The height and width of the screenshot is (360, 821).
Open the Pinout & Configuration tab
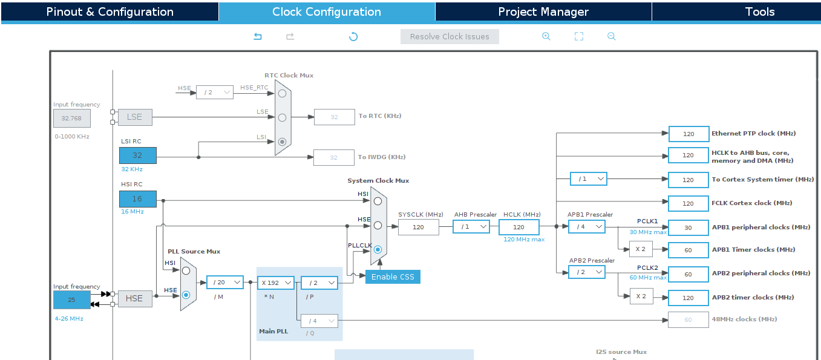pos(110,12)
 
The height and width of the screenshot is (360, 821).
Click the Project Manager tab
pos(543,12)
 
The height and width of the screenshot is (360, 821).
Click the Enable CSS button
pos(392,277)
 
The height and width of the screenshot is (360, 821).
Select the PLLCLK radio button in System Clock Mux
pos(378,249)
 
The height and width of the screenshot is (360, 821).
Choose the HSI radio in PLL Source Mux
pos(186,270)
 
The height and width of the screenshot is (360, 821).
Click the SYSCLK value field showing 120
pos(418,227)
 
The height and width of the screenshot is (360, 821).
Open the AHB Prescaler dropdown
pos(471,226)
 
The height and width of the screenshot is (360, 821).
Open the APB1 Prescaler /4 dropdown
pos(586,226)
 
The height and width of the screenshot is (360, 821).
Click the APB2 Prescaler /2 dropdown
pos(586,272)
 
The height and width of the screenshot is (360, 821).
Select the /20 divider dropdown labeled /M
pos(224,283)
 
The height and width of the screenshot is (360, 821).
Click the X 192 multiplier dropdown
pos(276,283)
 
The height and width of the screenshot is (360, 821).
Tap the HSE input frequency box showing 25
pos(71,299)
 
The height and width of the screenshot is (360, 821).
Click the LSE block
pos(134,117)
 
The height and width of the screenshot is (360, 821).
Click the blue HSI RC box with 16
pos(137,198)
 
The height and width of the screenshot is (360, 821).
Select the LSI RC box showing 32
pos(137,155)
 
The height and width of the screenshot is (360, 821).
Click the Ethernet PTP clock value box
pos(688,134)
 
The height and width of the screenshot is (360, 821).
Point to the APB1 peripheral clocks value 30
pos(688,227)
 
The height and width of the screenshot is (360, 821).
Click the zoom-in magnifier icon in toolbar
pos(546,36)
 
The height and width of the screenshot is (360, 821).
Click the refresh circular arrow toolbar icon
pos(353,36)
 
